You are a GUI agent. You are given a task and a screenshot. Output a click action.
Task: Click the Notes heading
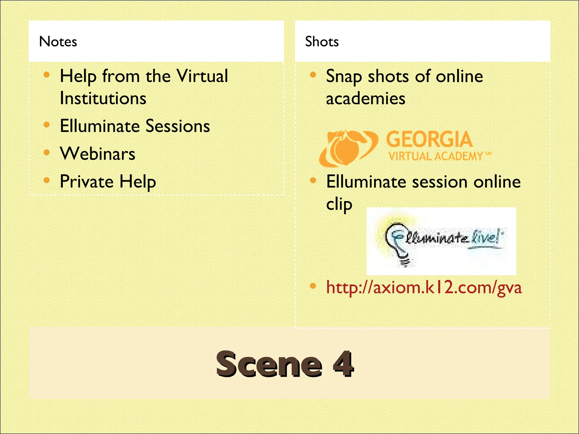coord(58,42)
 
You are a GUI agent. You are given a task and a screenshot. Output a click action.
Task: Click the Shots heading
coord(322,42)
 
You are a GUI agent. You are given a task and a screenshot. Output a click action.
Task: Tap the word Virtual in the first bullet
coord(202,76)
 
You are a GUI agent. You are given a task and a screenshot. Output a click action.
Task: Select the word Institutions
coord(103,98)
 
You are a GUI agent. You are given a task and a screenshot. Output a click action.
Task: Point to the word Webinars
coord(98,154)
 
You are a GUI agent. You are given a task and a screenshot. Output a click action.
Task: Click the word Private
coord(87,181)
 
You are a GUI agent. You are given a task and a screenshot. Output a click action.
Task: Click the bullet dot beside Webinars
coord(47,153)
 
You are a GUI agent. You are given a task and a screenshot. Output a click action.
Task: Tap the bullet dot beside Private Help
coord(47,180)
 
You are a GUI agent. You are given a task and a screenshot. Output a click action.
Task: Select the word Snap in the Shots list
coord(343,77)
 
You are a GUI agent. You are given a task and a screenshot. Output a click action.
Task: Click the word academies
coord(366,99)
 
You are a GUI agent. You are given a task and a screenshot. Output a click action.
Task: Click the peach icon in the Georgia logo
coord(345,148)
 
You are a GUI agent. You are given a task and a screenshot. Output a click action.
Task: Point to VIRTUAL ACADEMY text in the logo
coord(435,156)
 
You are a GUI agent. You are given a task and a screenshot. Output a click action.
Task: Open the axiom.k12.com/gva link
coord(424,287)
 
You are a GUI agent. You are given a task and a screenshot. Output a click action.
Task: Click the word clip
coord(339,204)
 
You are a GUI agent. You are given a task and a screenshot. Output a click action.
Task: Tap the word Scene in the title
coord(269,364)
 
